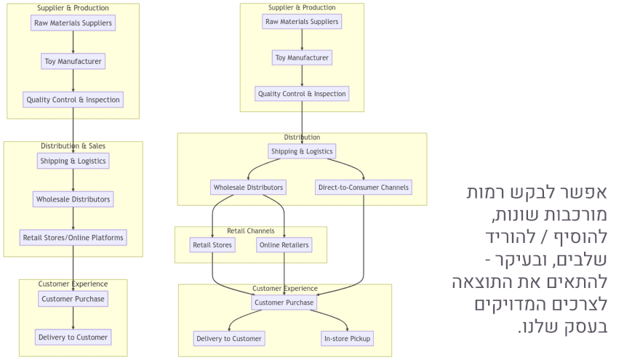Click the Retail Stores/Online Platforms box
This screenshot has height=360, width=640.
click(73, 237)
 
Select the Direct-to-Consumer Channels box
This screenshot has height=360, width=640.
click(364, 188)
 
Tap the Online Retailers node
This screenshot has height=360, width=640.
click(284, 245)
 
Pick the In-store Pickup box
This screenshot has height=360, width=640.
click(347, 338)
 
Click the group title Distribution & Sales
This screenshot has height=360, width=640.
click(73, 146)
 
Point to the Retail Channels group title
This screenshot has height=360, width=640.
click(250, 231)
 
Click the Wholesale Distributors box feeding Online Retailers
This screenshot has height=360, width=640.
click(248, 188)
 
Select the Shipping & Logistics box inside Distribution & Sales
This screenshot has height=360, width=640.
click(73, 161)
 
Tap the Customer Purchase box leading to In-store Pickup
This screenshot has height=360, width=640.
click(284, 303)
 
